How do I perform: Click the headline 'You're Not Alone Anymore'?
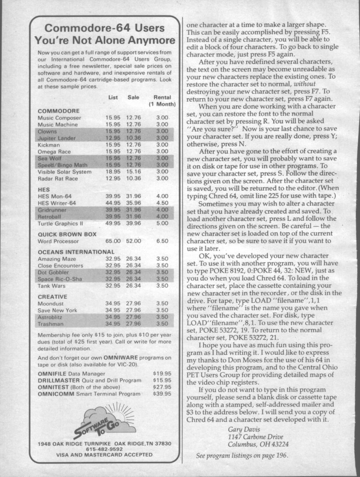click(104, 39)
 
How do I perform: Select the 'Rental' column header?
click(163, 97)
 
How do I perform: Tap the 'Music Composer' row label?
click(59, 118)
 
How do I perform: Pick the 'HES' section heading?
click(45, 190)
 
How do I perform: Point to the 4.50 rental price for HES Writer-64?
click(162, 203)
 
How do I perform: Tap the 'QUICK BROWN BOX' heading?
click(67, 234)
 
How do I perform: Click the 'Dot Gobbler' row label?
click(54, 272)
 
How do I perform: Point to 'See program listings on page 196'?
click(242, 456)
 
